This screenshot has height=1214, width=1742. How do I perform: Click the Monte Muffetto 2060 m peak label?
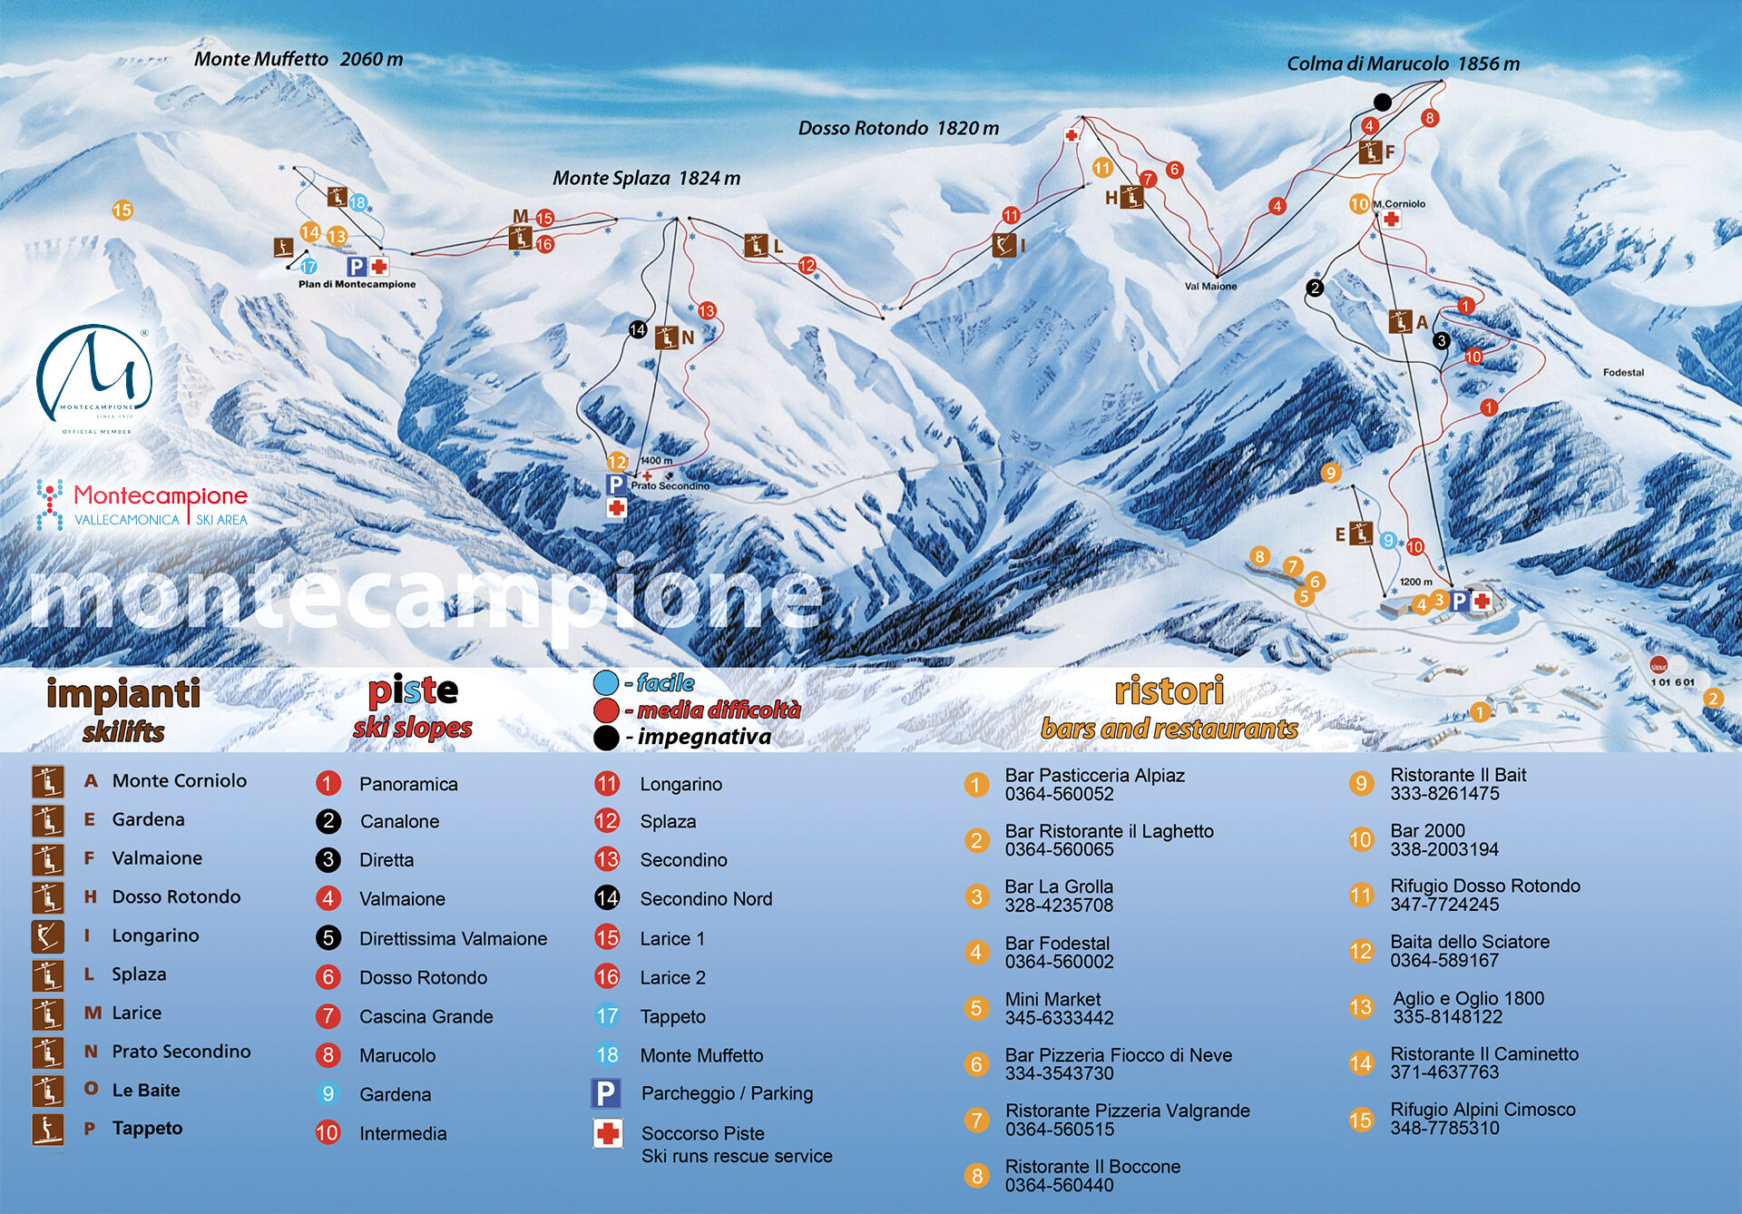298,59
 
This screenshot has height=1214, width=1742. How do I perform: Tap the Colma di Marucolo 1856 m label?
1403,64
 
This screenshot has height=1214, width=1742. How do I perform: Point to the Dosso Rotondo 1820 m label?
898,128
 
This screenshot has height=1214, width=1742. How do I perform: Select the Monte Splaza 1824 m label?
646,178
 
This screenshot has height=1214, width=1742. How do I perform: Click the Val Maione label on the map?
1210,286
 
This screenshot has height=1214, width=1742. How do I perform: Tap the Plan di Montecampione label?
357,284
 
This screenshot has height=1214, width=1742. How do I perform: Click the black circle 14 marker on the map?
638,329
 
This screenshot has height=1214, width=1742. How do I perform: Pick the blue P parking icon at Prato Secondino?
615,485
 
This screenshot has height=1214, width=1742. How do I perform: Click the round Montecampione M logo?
94,374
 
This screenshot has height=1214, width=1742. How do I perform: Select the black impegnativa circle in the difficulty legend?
606,738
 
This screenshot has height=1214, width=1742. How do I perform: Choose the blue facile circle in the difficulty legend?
606,682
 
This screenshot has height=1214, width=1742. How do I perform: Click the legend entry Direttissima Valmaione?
453,938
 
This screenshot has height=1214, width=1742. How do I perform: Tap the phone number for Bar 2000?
1444,849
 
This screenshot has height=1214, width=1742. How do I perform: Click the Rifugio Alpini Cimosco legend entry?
1483,1109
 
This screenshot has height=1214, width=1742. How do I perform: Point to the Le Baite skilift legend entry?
146,1090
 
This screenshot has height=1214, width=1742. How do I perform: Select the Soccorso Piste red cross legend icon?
607,1132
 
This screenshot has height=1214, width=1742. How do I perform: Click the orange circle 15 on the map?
122,210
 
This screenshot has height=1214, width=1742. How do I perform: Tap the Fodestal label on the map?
1623,372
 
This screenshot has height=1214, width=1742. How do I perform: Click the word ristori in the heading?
1169,690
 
